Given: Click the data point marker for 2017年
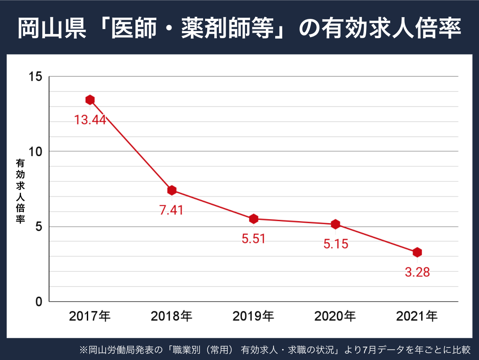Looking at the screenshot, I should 90,99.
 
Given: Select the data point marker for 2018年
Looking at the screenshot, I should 172,190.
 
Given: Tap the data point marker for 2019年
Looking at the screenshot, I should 253,219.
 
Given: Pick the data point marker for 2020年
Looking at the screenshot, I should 335,224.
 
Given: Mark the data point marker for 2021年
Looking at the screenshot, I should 417,252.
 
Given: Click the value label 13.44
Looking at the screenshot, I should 90,120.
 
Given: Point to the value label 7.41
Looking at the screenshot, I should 172,210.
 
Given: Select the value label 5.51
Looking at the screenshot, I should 253,238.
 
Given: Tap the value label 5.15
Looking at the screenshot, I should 336,244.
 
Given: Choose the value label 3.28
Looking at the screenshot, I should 417,272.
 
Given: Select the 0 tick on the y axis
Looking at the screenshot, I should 39,302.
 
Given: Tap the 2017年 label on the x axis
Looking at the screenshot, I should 90,316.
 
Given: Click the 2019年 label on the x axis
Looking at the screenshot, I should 253,316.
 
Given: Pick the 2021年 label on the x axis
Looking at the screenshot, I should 417,316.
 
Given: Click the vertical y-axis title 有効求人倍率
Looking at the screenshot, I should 20,191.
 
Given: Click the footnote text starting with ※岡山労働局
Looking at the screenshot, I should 275,349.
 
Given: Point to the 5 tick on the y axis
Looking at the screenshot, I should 39,227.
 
